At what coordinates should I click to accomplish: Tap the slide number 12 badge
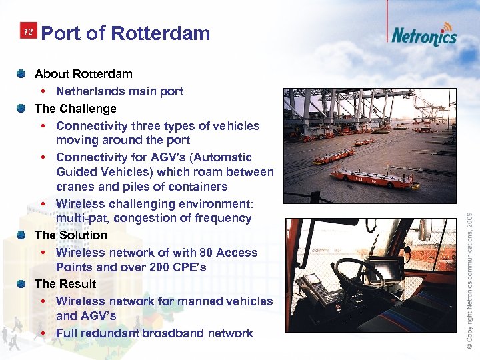coord(28,33)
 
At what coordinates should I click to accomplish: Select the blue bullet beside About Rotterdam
coord(23,73)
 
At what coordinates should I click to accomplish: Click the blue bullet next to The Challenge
coord(23,108)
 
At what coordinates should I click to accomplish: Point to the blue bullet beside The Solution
coord(23,235)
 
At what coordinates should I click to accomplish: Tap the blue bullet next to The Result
coord(23,283)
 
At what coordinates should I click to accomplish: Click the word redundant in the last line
coord(119,333)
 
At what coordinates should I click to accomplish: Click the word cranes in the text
coord(75,187)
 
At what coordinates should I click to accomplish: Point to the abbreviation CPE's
coord(189,267)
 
